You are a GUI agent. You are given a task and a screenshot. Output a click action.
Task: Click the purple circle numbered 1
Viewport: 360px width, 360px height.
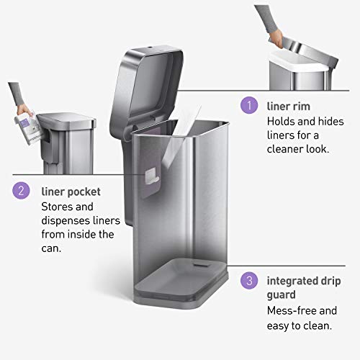[x=248, y=106]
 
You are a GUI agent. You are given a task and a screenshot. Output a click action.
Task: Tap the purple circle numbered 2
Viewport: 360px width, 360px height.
[x=21, y=191]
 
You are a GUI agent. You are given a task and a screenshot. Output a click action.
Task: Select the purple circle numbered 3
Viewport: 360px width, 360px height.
[x=248, y=280]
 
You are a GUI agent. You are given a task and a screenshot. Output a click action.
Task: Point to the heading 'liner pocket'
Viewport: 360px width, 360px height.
[x=70, y=192]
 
